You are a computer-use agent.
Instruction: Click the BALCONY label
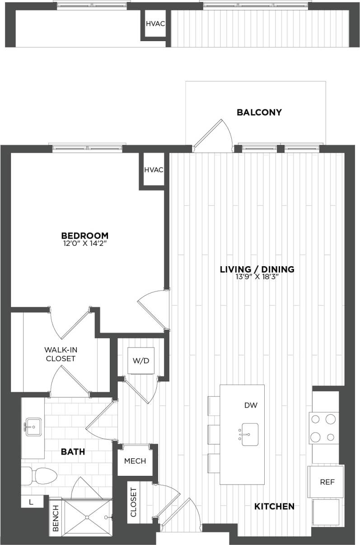click(x=259, y=113)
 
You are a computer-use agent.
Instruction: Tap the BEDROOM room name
click(x=85, y=235)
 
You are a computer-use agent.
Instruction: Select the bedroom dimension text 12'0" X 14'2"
click(x=85, y=244)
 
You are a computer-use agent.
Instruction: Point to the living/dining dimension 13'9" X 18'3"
click(x=257, y=277)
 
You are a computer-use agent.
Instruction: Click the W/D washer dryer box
click(x=140, y=361)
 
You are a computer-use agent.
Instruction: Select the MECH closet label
click(x=135, y=461)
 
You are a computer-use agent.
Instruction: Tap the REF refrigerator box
click(x=327, y=482)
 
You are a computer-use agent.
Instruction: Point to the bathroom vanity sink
click(x=33, y=427)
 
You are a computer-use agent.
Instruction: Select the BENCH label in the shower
click(x=55, y=517)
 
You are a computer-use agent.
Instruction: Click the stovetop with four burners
click(x=324, y=428)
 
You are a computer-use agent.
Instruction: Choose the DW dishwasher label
click(x=251, y=405)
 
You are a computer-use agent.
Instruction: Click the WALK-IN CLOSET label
click(x=60, y=354)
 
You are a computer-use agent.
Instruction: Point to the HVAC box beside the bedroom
click(x=154, y=170)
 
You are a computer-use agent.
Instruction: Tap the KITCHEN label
click(x=275, y=507)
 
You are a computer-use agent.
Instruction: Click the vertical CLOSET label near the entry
click(x=133, y=502)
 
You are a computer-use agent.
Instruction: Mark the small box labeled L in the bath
click(x=32, y=502)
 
